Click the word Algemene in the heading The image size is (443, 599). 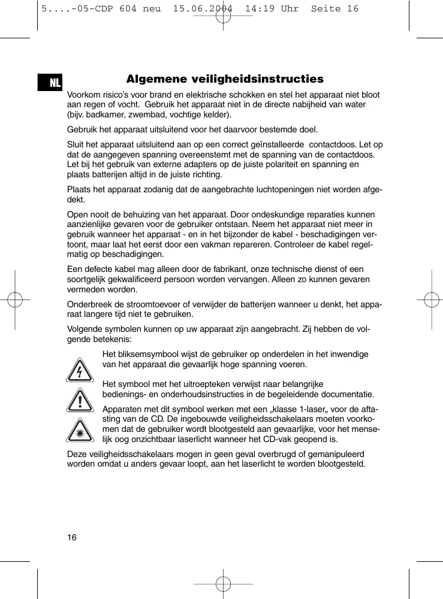(x=155, y=79)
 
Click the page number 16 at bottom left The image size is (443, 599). (x=71, y=537)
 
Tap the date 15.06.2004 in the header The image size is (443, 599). (x=204, y=8)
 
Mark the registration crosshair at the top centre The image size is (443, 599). (x=223, y=16)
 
